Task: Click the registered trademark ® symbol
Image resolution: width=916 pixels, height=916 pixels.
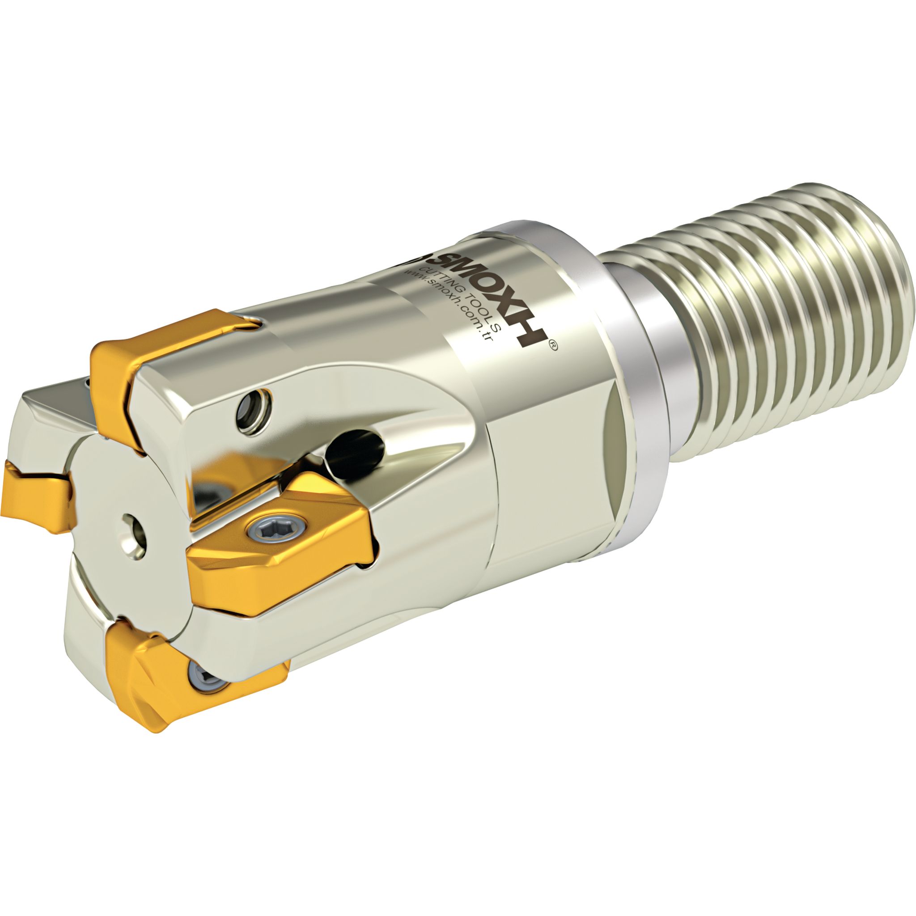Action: pos(553,347)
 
